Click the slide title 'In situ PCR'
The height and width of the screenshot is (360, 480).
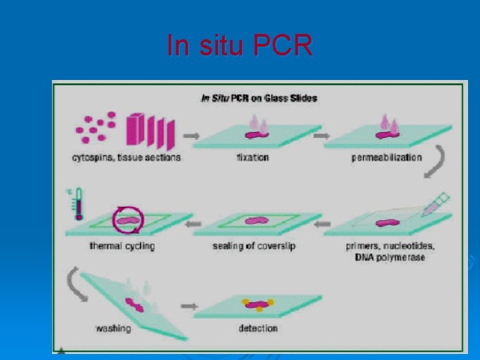point(239,45)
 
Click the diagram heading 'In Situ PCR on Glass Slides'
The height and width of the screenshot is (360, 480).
point(259,99)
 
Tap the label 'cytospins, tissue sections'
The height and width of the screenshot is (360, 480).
point(126,158)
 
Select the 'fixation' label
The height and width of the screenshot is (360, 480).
point(252,158)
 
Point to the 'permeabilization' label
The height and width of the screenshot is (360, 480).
point(387,158)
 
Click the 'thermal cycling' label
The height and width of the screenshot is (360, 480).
point(122,246)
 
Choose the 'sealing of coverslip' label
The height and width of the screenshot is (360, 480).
point(254,246)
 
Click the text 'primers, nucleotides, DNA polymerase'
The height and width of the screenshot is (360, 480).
point(390,251)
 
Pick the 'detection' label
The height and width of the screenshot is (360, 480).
point(258,328)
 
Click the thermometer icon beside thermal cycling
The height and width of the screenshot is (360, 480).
point(78,203)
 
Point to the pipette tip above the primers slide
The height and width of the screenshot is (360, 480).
point(437,203)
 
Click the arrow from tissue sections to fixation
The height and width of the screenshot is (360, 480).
point(191,136)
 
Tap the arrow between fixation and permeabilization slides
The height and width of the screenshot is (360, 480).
point(322,136)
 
